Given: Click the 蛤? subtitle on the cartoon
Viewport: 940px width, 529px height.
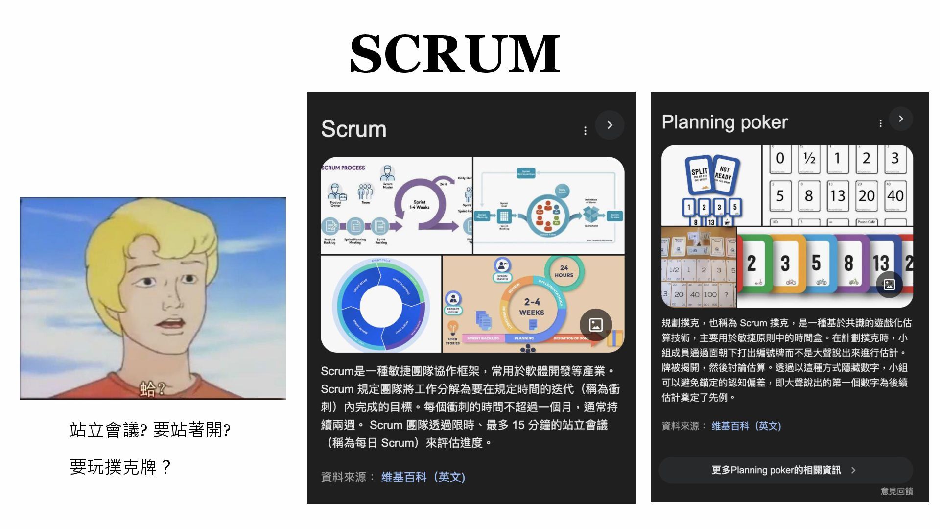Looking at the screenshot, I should point(152,389).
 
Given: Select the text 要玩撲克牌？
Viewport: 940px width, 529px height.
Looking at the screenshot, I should point(120,467).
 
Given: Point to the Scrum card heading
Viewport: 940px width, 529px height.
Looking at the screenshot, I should point(353,129).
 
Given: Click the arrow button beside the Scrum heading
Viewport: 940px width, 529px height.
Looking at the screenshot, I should point(610,125).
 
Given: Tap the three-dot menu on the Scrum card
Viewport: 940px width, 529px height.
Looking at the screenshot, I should point(585,130).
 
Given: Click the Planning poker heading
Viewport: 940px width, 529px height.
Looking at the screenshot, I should point(725,122).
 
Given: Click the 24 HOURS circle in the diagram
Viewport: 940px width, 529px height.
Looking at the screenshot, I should point(564,272).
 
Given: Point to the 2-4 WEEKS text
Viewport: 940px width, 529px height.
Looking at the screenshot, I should point(532,307).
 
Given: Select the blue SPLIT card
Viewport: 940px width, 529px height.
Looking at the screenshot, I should point(699,176).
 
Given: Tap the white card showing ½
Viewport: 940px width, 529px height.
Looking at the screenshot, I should point(809,159).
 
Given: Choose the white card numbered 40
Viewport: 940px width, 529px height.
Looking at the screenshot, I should point(895,196).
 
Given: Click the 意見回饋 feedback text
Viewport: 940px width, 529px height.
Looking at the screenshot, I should point(896,491).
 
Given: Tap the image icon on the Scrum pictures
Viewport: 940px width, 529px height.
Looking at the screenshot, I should point(595,325).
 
